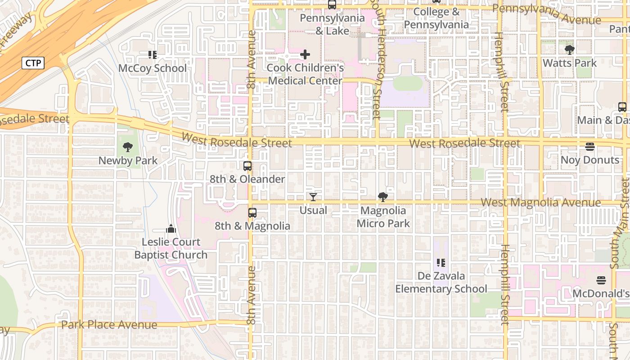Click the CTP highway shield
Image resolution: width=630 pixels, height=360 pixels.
coord(33,63)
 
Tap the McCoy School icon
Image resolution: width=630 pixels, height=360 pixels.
coord(153,55)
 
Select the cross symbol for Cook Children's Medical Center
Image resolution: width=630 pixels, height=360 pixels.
coord(305,55)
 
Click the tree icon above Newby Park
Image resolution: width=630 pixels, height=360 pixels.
coord(128,147)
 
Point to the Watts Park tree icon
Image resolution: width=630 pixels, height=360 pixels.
coord(569,49)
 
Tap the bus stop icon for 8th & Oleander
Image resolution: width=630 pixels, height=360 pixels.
coord(247,166)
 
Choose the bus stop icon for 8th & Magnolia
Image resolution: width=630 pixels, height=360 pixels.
coord(252,212)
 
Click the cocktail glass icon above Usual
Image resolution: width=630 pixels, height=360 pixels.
coord(313,197)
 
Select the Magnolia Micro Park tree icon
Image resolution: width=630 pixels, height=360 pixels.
coord(383,197)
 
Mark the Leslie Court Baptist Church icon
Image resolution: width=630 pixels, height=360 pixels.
coord(171,229)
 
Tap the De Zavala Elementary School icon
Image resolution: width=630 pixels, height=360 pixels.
coord(441,262)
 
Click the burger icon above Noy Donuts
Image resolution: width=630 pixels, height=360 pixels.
coord(589,147)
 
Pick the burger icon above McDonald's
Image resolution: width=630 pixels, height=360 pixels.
coord(601,280)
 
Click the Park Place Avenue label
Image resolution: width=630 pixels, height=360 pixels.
coord(109,325)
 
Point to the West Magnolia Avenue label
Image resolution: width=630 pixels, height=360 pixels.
coord(540,202)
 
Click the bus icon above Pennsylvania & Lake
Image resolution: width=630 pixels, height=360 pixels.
coord(332,5)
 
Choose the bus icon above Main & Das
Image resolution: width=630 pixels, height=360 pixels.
coord(622,107)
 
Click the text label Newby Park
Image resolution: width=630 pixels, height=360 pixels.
coord(128,161)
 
